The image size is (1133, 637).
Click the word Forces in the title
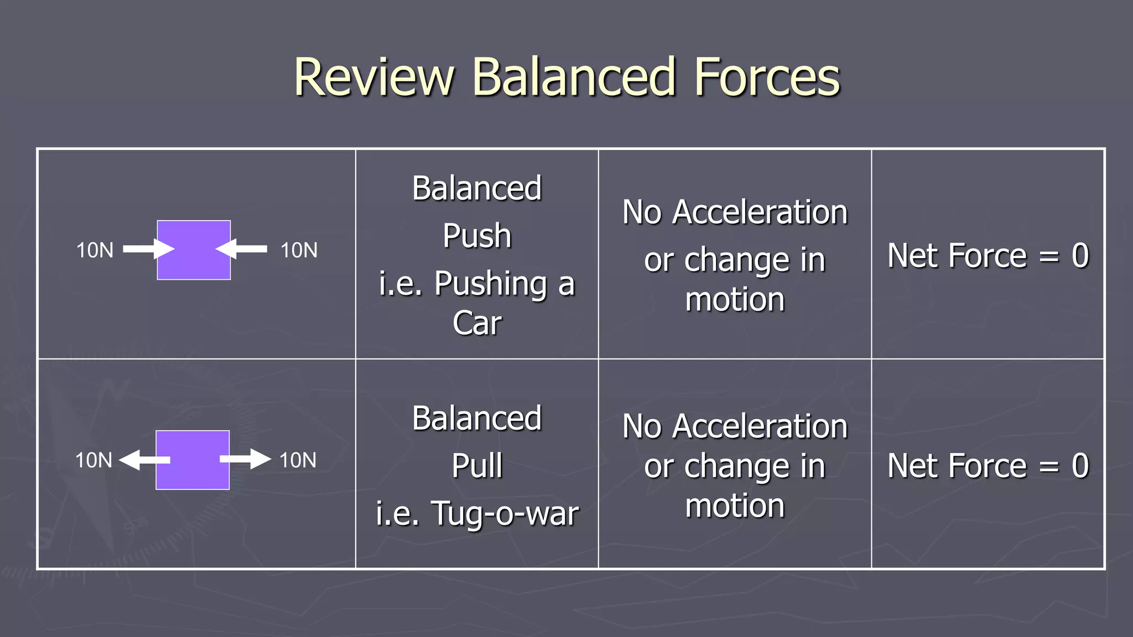767,77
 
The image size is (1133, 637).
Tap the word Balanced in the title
574,77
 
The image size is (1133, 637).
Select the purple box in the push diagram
194,250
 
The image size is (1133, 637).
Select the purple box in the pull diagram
193,460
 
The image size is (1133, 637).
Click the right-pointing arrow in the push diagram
148,249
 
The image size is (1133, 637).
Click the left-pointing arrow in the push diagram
242,249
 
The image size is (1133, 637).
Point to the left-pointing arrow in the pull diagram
144,460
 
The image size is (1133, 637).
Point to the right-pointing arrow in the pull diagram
246,460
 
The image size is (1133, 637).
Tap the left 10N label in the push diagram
95,250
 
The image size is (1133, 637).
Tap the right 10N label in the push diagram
299,250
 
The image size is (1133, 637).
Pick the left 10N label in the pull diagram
93,461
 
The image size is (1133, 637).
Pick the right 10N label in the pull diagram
298,461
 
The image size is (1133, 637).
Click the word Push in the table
477,236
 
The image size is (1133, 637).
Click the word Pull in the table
477,466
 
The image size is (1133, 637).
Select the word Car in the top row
477,323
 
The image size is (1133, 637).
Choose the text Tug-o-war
505,514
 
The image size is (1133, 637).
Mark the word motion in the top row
735,300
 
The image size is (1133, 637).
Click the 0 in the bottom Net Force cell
1080,466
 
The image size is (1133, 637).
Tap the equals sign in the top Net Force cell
1049,256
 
